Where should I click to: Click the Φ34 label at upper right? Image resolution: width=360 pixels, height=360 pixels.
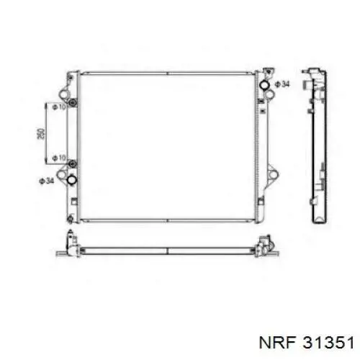(x=282, y=84)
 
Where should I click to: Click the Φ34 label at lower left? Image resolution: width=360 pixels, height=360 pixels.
(x=47, y=181)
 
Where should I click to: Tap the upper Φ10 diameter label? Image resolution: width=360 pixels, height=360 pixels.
(x=59, y=107)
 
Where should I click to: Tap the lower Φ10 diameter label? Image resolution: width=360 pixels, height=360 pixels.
(x=59, y=158)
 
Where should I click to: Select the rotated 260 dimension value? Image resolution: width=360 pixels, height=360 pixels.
(x=41, y=134)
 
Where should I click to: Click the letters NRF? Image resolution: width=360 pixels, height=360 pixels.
(x=276, y=342)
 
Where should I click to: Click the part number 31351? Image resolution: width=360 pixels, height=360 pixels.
(x=328, y=342)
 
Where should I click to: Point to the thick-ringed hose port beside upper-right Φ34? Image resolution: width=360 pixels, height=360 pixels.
(x=265, y=85)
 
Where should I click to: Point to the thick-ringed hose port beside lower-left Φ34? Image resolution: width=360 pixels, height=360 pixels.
(x=71, y=179)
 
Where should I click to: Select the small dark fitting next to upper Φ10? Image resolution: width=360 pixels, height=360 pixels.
(x=72, y=103)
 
